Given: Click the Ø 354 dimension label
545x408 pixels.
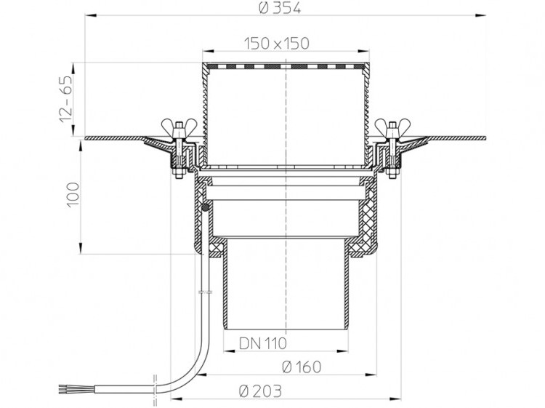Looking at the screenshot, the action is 280,8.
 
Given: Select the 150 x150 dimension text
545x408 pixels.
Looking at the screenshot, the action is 276,44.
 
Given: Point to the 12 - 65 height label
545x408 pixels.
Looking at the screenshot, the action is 66,98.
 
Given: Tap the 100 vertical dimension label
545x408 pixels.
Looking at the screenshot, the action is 73,195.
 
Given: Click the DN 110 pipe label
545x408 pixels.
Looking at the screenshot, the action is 263,344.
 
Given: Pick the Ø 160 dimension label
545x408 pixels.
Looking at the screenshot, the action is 302,367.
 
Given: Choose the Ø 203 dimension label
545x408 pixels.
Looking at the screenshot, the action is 260,391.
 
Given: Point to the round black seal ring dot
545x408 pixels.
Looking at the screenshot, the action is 206,208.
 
